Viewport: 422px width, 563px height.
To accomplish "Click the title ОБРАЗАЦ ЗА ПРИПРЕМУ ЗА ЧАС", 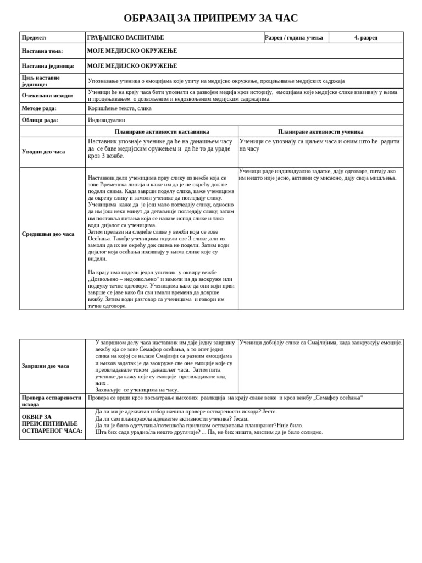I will (210, 18).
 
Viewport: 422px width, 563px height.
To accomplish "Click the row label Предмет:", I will (34, 38).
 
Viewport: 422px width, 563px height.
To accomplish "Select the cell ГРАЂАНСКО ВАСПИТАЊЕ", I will (125, 38).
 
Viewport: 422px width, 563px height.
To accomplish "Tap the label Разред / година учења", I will (296, 38).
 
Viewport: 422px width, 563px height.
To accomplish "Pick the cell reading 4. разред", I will (365, 38).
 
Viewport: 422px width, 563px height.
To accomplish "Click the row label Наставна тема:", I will (42, 51).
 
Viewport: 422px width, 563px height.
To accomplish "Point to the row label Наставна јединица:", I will (48, 66).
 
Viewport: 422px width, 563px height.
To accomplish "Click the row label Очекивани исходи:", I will (47, 95).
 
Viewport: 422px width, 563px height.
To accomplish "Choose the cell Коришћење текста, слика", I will (120, 108).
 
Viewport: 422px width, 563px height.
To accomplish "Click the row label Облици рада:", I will (40, 120).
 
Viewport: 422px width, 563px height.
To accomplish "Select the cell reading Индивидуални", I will (107, 120).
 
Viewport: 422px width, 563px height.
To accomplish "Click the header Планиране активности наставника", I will (162, 132).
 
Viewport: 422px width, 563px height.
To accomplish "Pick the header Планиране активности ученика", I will (320, 132).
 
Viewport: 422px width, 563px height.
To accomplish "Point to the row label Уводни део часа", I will (43, 152).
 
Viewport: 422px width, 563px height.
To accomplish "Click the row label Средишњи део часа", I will (48, 234).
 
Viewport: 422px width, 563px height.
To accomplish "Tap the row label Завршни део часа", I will (46, 366).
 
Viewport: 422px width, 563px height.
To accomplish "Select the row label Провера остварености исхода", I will (52, 401).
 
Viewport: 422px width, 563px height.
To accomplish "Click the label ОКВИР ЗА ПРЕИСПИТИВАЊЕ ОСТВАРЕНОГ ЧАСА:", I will (52, 424).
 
